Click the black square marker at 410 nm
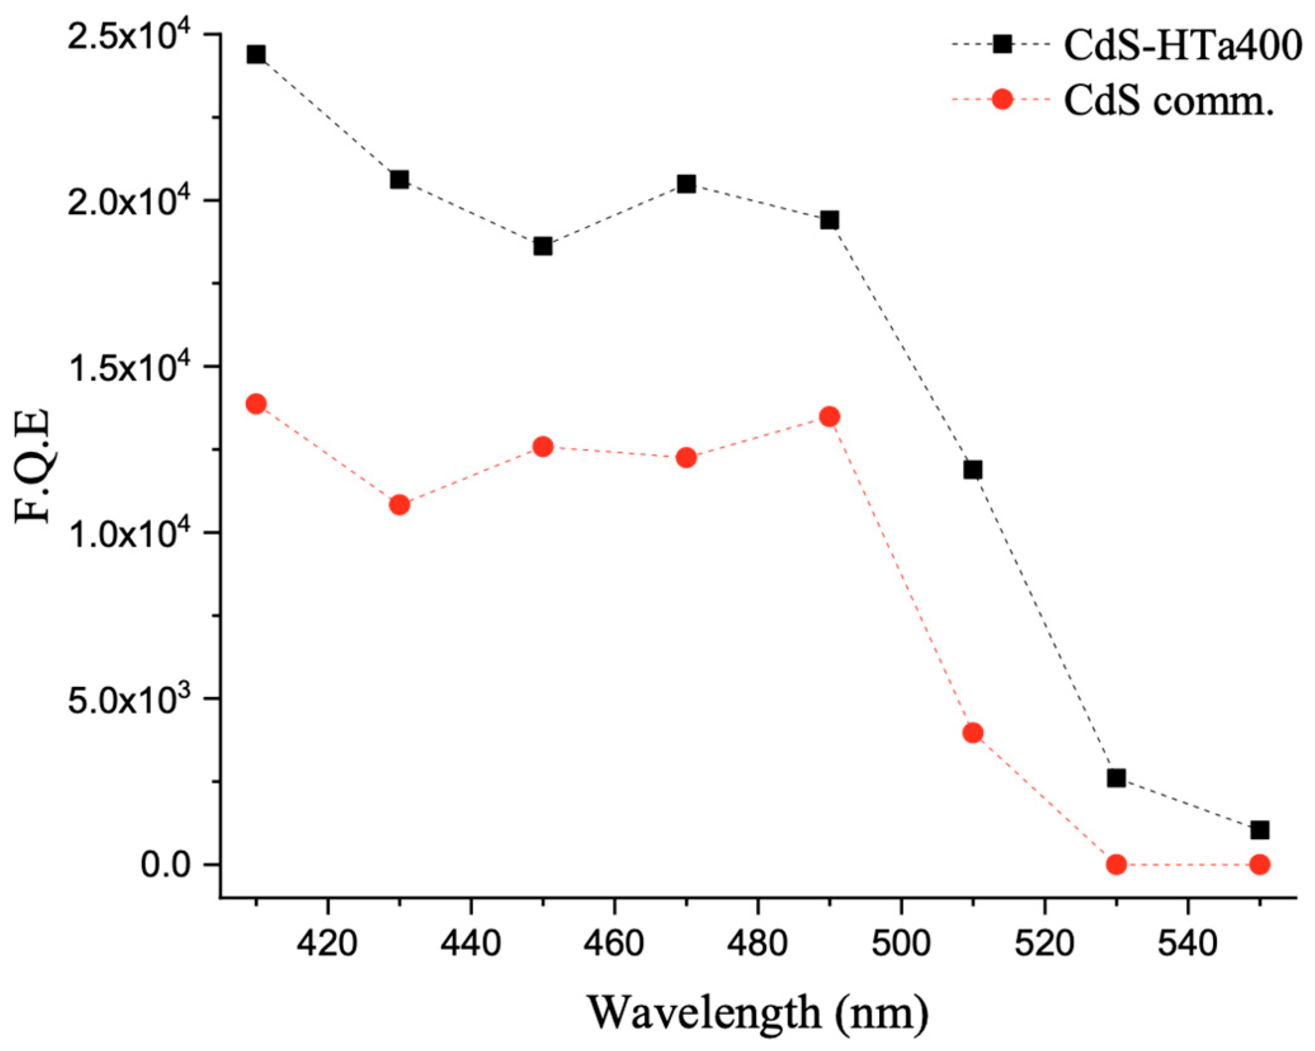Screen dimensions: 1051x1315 tap(256, 54)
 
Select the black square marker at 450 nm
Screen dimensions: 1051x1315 tap(543, 246)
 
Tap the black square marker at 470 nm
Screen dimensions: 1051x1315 tap(686, 184)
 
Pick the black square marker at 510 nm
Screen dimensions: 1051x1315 tap(973, 470)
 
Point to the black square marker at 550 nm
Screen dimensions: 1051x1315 tap(1260, 830)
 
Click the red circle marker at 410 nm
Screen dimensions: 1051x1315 tap(256, 403)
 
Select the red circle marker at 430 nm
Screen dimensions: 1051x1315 tap(399, 505)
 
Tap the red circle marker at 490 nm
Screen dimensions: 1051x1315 tap(829, 417)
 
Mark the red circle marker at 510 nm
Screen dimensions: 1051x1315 tap(973, 733)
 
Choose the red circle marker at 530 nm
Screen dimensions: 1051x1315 tap(1116, 864)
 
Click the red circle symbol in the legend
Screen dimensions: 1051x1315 tap(1002, 99)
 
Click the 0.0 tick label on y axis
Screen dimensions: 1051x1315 tap(166, 865)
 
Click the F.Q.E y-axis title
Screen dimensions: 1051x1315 tap(33, 465)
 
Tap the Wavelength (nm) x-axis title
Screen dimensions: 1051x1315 tap(758, 1014)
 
